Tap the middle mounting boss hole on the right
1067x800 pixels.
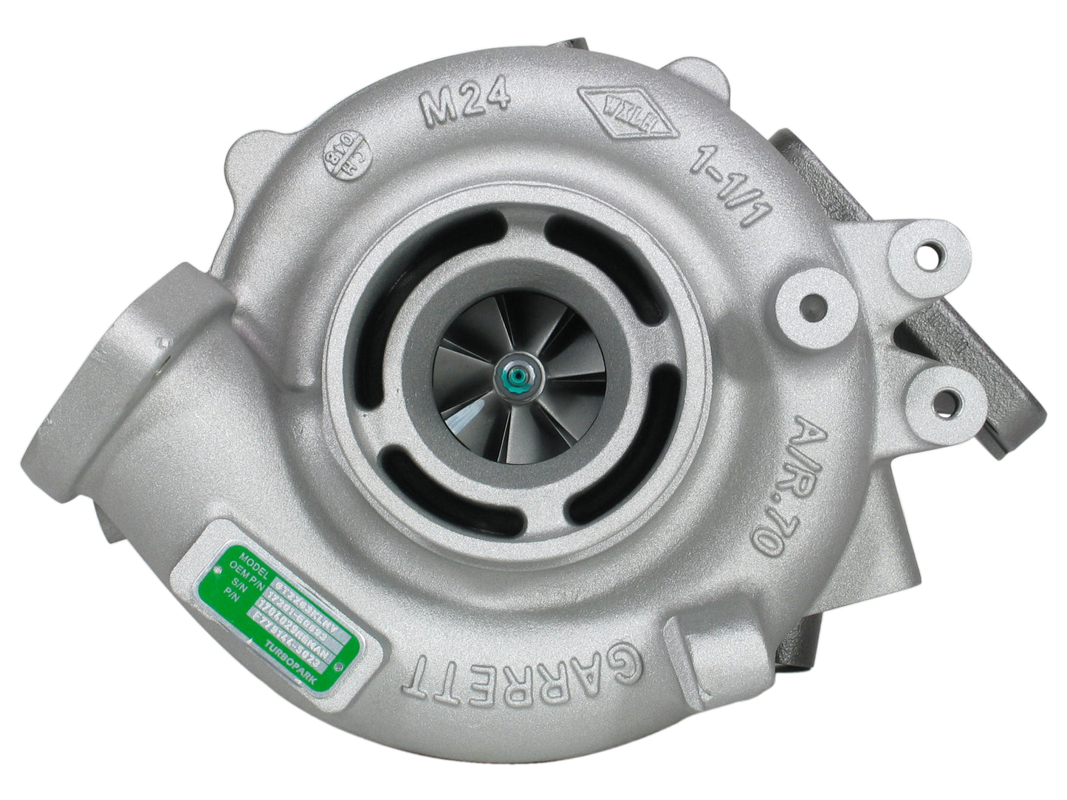813,305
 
